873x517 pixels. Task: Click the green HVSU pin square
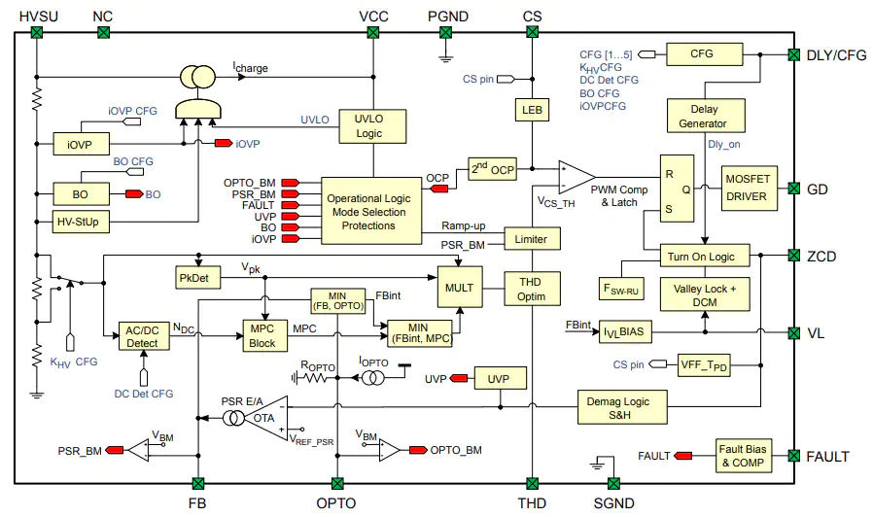point(37,33)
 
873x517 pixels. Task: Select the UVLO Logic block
point(372,126)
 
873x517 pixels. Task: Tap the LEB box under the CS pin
point(532,110)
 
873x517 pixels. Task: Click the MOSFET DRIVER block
point(749,189)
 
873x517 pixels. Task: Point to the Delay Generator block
point(706,116)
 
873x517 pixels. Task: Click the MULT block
point(460,287)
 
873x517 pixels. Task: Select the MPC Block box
point(265,335)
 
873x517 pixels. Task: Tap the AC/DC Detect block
point(144,336)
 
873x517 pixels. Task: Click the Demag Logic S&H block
point(622,407)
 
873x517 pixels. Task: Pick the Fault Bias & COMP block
point(744,456)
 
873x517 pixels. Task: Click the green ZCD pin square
point(794,256)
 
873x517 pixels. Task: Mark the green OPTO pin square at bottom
point(337,483)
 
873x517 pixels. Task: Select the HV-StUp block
point(81,222)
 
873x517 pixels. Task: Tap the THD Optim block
point(532,289)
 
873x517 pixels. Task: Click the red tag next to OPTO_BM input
point(291,183)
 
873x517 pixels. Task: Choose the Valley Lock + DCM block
point(705,294)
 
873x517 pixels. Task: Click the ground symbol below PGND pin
point(445,57)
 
